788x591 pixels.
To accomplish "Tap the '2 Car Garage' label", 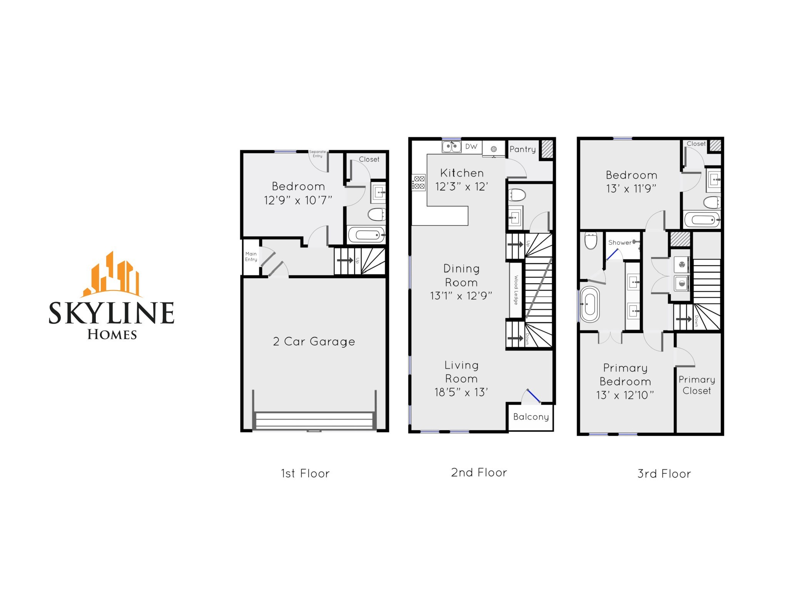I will click(314, 342).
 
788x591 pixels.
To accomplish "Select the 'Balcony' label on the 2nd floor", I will click(531, 417).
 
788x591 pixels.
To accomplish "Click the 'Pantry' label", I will click(523, 149).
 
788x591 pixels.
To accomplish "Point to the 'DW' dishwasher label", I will click(471, 147).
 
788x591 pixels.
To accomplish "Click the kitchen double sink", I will click(451, 147).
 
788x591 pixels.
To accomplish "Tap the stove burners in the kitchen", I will click(419, 182).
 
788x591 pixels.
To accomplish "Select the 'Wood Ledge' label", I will click(516, 290).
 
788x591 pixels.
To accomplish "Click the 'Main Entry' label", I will click(251, 257).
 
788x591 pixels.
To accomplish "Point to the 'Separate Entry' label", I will click(317, 154).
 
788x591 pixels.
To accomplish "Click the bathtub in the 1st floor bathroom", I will click(366, 234).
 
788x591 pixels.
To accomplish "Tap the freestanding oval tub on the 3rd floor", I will click(590, 304).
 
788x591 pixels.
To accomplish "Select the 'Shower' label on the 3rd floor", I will click(619, 242).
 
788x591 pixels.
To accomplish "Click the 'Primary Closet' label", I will click(696, 385).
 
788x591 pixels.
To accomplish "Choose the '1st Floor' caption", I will click(305, 473).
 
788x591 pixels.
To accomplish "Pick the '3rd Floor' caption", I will click(664, 474).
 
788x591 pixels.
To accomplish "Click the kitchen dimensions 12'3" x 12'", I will click(461, 187).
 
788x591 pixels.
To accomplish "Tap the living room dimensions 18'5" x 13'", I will click(461, 392).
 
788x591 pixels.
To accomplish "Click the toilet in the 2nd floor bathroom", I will click(517, 195).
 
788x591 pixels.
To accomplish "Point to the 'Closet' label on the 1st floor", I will click(369, 159).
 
